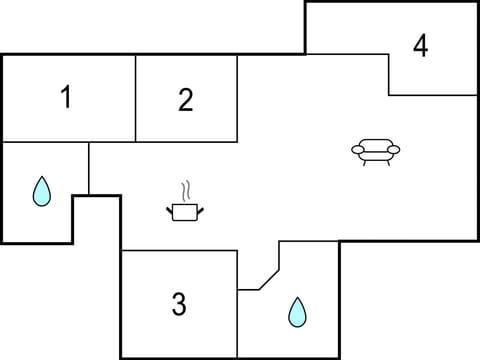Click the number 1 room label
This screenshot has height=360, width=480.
point(66,98)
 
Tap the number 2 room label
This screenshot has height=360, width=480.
point(186,100)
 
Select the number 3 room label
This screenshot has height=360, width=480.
point(179,304)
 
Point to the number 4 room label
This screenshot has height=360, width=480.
point(421,46)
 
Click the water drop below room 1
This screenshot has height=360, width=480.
point(41,191)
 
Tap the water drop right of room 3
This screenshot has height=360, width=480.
point(297,312)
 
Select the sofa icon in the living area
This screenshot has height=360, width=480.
point(375,151)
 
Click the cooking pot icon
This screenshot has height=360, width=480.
point(185,211)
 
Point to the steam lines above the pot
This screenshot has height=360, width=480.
point(185,190)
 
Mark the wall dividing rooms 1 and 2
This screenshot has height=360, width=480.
point(135,98)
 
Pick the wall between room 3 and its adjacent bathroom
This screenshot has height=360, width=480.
point(238,304)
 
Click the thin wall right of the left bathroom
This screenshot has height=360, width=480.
point(89,168)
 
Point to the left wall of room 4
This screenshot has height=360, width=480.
point(388,75)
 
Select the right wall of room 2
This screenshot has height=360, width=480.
point(237,98)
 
